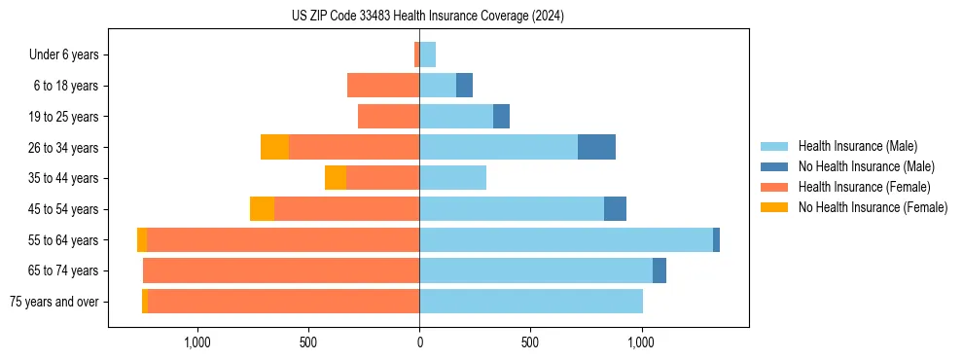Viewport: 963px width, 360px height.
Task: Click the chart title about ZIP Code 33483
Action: [x=427, y=16]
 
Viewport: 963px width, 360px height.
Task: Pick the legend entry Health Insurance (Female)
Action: [x=863, y=187]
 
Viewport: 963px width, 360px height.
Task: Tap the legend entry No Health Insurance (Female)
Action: [x=873, y=207]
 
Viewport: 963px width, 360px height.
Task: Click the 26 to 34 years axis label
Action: [x=64, y=148]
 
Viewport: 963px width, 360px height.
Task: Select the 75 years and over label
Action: [x=54, y=302]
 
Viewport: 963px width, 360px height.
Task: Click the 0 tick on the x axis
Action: [x=419, y=342]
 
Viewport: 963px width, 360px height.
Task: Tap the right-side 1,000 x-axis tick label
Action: [x=641, y=342]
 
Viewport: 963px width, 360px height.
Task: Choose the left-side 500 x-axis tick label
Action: [x=308, y=342]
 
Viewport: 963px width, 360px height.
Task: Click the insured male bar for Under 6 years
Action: [x=428, y=54]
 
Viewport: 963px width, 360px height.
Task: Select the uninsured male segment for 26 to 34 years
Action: [x=596, y=147]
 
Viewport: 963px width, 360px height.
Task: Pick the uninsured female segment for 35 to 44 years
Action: [x=336, y=178]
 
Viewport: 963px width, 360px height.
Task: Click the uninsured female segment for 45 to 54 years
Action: [x=262, y=209]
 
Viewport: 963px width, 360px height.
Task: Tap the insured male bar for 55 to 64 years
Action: [x=566, y=239]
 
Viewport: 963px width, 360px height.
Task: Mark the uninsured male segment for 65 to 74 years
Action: [x=660, y=270]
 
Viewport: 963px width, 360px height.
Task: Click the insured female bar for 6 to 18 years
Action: [x=383, y=86]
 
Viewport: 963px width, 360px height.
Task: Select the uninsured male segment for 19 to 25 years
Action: [x=501, y=117]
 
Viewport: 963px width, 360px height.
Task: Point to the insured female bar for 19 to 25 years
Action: [x=388, y=117]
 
